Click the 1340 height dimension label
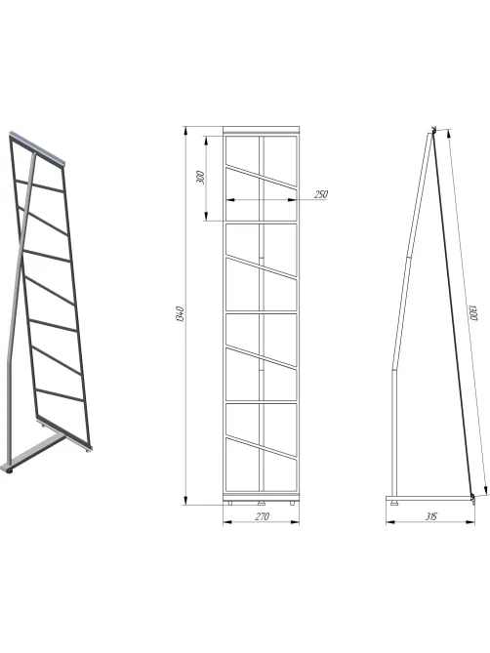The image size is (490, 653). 180,314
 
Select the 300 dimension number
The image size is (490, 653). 200,178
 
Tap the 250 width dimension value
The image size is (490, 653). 321,194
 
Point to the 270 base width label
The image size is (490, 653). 262,516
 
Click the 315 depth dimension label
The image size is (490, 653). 431,516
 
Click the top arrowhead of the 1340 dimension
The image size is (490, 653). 184,131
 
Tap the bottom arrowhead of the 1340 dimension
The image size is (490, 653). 184,500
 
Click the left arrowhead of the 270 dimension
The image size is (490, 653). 227,522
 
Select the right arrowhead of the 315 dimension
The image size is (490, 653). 470,522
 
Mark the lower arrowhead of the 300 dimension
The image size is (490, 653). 206,216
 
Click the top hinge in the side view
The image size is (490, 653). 433,131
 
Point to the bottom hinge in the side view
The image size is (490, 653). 472,497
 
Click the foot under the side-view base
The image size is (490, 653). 394,503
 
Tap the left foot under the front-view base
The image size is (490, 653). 229,503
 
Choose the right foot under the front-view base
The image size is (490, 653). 292,503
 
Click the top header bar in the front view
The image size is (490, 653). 261,130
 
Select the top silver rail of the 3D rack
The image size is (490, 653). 37,147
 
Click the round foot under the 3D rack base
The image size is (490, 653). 9,470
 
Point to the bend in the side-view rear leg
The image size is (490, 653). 393,369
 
